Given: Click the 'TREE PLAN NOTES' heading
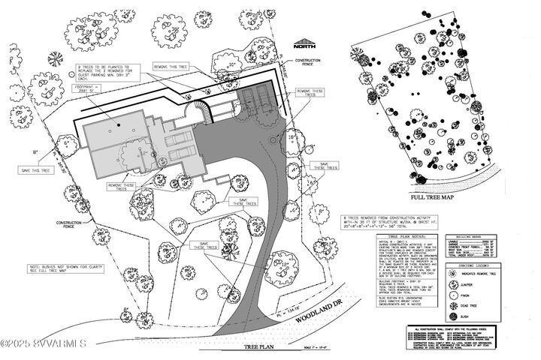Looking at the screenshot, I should click(404, 236).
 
